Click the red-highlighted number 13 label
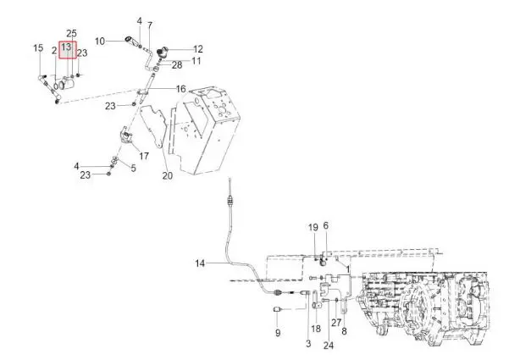click(66, 47)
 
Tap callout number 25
click(71, 33)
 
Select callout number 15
click(38, 47)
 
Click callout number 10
click(100, 41)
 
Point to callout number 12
click(198, 49)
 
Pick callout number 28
click(177, 65)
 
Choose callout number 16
click(181, 89)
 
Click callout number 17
click(144, 156)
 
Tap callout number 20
click(168, 175)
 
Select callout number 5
click(134, 168)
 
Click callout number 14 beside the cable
click(200, 263)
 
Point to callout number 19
click(313, 227)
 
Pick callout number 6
click(326, 225)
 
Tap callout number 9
click(278, 333)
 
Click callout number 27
click(336, 322)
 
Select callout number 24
click(328, 346)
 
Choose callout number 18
click(316, 328)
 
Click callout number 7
click(150, 25)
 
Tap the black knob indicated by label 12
click(162, 53)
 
